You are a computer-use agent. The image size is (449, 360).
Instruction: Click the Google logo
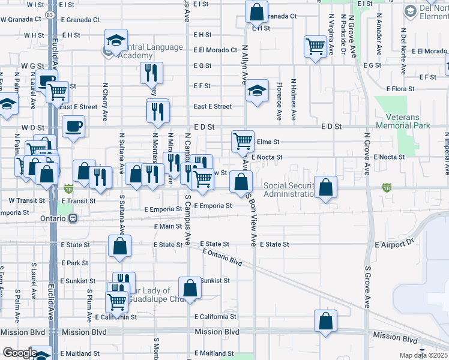pos(19,353)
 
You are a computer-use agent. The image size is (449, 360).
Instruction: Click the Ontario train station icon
pos(73,218)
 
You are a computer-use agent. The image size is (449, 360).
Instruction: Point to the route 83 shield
pos(54,13)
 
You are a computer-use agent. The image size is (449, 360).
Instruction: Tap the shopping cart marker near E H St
pos(315,46)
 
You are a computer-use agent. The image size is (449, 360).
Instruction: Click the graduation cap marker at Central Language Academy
pos(116,40)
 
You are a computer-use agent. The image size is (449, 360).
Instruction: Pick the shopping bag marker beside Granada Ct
pos(256,11)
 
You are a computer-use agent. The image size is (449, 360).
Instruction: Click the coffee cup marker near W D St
pos(73,127)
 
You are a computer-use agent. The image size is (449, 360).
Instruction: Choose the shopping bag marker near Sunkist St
pos(190,288)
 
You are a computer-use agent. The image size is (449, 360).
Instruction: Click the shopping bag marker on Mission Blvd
pos(325,321)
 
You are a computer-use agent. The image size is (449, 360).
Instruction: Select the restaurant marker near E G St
pos(151,73)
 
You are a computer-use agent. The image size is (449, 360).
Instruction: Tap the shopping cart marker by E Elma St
pos(243,142)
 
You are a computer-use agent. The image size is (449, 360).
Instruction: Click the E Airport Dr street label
pos(394,245)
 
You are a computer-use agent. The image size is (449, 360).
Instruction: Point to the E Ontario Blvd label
pos(222,258)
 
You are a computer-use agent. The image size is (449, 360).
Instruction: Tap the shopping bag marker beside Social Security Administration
pos(325,187)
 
